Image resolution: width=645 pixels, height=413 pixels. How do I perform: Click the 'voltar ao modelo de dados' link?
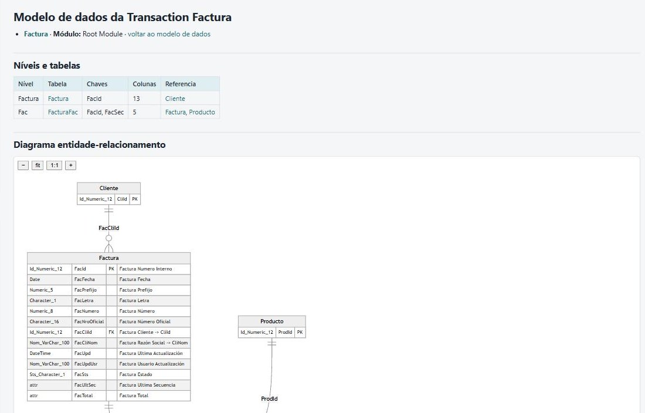(x=169, y=34)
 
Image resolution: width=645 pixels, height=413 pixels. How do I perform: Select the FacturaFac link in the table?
(x=63, y=112)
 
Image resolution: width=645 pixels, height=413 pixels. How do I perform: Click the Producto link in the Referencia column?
(x=202, y=112)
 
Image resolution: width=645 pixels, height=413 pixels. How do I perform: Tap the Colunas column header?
(x=144, y=84)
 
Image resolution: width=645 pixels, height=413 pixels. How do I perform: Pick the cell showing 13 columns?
(x=136, y=99)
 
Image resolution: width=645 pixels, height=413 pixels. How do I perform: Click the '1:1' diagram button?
(x=55, y=165)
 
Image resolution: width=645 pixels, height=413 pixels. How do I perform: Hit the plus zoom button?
(x=71, y=165)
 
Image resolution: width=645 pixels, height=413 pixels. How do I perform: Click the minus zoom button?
(x=23, y=165)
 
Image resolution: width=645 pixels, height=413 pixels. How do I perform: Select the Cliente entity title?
(x=108, y=188)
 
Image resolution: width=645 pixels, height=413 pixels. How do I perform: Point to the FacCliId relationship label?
(x=108, y=228)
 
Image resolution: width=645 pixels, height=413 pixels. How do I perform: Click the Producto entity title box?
(x=272, y=321)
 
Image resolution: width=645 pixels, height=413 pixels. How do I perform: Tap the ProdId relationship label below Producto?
(x=270, y=398)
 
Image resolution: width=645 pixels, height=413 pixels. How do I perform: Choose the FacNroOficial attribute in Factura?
(x=89, y=321)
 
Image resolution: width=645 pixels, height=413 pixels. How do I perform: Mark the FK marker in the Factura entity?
(x=111, y=332)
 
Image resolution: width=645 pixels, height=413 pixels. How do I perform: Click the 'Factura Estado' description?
(x=136, y=374)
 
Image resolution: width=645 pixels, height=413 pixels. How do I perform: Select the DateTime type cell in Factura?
(x=40, y=353)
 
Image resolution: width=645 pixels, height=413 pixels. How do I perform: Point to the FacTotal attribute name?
(x=83, y=396)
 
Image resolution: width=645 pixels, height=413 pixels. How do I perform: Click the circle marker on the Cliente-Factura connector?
(x=108, y=238)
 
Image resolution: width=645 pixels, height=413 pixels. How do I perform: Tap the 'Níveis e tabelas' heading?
(x=47, y=65)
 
